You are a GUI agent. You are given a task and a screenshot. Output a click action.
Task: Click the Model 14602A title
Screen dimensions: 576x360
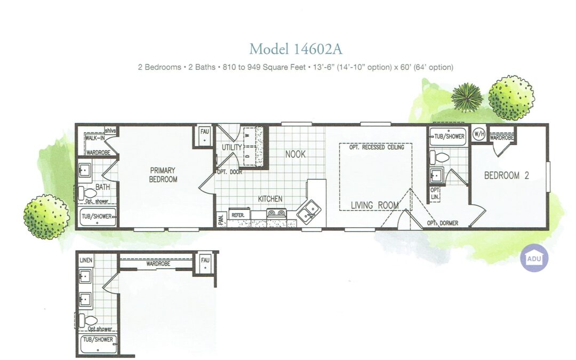click(x=295, y=49)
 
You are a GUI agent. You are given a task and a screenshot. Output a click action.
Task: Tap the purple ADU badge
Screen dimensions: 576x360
click(x=534, y=258)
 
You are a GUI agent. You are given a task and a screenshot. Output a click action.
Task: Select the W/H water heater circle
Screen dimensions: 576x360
click(x=478, y=134)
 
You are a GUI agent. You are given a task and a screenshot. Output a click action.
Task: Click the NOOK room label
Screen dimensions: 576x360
click(x=295, y=154)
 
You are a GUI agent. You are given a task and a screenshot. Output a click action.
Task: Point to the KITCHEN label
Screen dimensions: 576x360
click(x=270, y=199)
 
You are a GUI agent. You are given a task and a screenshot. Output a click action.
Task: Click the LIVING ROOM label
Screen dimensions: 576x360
click(x=375, y=205)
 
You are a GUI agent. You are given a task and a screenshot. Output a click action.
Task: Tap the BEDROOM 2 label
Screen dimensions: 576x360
click(x=507, y=175)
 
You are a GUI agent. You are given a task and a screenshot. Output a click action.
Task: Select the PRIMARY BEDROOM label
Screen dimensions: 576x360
click(x=163, y=175)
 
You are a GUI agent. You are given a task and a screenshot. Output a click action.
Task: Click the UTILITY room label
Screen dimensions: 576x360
click(x=232, y=147)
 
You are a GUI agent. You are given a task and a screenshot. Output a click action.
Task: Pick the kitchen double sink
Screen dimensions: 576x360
click(x=309, y=211)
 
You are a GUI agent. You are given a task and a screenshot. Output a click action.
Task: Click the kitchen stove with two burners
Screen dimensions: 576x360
click(x=276, y=213)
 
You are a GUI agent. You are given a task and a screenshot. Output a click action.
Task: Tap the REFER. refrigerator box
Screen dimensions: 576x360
click(x=239, y=214)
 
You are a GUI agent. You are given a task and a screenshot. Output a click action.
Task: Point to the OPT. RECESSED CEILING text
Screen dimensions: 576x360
click(x=377, y=147)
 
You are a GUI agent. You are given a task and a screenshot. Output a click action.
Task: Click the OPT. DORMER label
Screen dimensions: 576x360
click(x=442, y=223)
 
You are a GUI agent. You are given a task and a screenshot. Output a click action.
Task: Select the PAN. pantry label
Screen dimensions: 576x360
click(x=221, y=220)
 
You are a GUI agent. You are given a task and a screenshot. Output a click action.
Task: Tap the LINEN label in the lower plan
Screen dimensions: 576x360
click(x=86, y=260)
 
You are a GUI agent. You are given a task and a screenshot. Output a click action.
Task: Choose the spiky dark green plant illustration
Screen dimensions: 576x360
click(x=467, y=98)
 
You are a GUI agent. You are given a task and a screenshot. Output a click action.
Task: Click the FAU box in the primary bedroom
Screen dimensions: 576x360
click(x=204, y=137)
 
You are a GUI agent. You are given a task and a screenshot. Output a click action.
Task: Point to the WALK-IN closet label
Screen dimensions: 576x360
click(x=95, y=138)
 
